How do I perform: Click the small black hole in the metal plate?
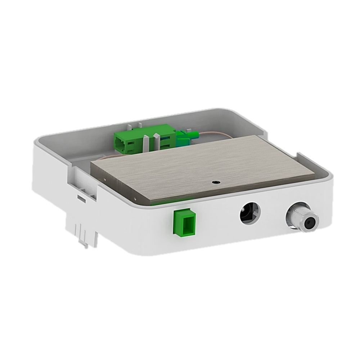(x=215, y=182)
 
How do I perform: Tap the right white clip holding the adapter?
(x=157, y=140)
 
